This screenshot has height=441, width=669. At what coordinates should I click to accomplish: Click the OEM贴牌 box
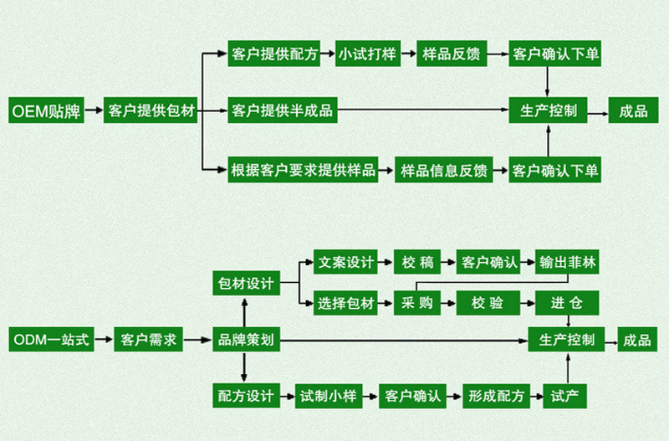[x=46, y=110]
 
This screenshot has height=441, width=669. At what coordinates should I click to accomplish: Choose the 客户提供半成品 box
[x=282, y=110]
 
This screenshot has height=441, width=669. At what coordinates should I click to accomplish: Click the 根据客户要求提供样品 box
[x=302, y=171]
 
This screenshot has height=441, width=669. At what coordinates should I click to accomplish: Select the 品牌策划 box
[x=243, y=340]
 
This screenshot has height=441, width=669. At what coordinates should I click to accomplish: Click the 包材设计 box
[x=243, y=283]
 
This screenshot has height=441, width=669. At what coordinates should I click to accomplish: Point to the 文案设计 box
[x=345, y=261]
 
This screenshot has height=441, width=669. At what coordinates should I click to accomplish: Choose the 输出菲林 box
[x=568, y=261]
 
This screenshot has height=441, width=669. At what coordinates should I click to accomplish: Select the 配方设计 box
[x=243, y=395]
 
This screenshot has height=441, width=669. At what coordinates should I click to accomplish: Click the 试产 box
[x=567, y=395]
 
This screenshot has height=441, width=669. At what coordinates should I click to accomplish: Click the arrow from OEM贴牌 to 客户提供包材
[x=95, y=110]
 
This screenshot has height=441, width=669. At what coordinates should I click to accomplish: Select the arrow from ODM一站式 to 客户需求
[x=101, y=340]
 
